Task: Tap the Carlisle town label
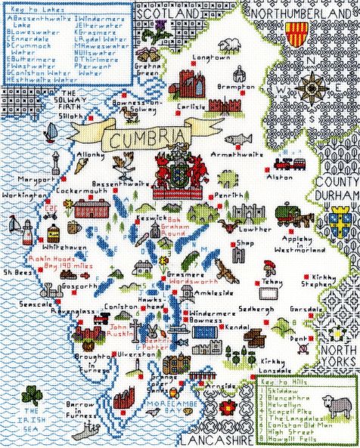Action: [x=191, y=107]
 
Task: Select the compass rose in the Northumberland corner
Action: [x=310, y=87]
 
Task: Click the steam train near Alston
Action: [x=285, y=162]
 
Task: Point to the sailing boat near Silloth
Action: [x=50, y=133]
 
